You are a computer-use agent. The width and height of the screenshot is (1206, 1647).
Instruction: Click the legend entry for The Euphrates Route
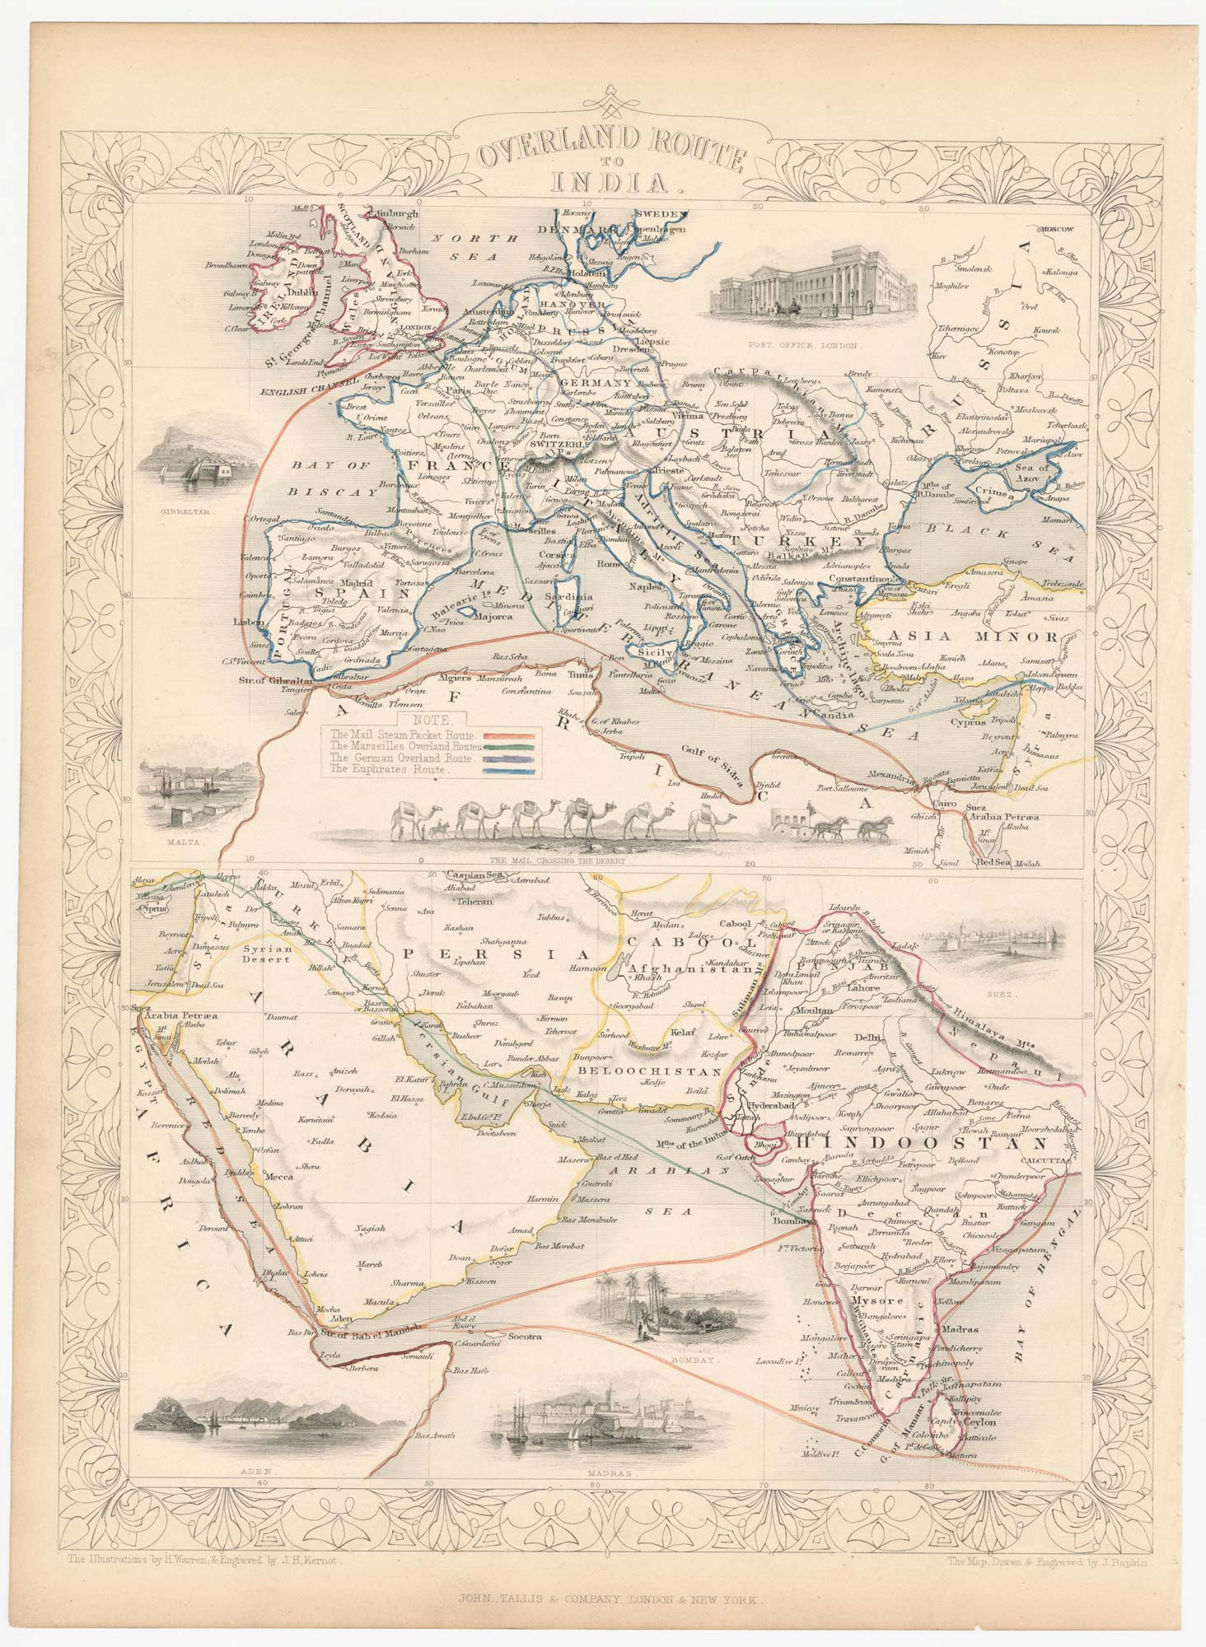tap(387, 768)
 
